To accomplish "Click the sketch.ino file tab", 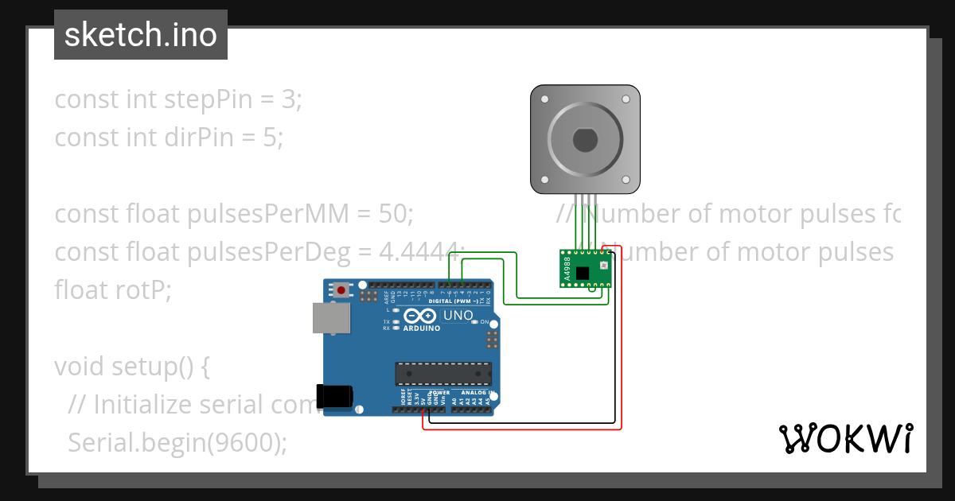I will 141,35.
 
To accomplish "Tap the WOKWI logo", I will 845,438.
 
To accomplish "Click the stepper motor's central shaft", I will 585,140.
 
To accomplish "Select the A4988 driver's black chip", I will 583,273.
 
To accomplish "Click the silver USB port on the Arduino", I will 329,317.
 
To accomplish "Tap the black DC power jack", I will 333,396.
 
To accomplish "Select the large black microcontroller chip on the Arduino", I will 443,374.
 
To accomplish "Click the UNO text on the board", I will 458,316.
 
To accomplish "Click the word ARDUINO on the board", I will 422,328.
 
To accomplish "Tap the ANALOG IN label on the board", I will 474,392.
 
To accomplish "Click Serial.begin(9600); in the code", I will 177,442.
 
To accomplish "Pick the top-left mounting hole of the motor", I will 544,99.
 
